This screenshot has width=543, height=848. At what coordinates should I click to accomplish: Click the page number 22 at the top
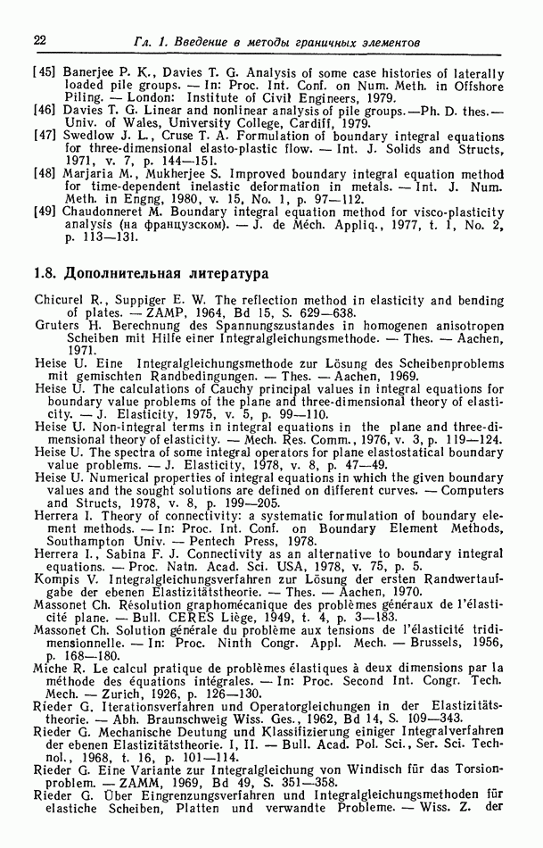click(x=39, y=40)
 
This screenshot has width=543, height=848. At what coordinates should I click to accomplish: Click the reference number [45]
click(x=46, y=74)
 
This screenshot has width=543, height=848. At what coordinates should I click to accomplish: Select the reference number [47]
click(x=46, y=135)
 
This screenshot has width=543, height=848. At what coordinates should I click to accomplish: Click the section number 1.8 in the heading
click(x=46, y=270)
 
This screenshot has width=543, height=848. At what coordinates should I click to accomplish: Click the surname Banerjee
click(x=90, y=74)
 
